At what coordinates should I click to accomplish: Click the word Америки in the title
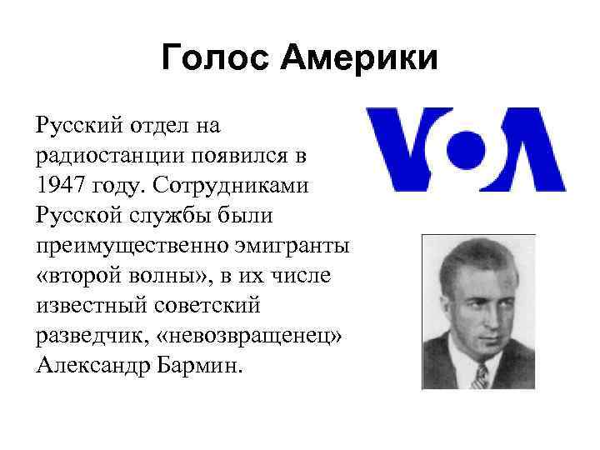[x=357, y=58]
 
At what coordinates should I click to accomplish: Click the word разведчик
[x=86, y=336]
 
